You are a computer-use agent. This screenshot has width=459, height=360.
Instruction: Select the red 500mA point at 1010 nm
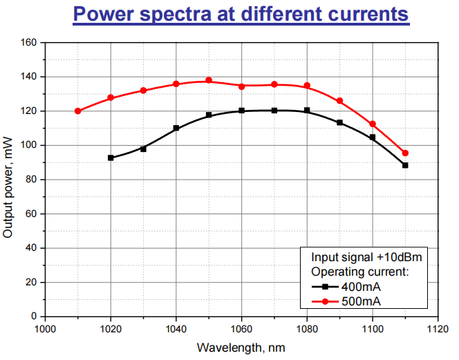[x=77, y=111]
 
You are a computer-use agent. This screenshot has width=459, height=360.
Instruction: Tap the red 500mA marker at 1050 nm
[x=209, y=80]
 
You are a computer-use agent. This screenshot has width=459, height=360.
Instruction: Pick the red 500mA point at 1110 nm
[x=405, y=153]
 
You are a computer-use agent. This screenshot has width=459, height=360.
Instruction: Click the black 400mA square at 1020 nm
[x=111, y=158]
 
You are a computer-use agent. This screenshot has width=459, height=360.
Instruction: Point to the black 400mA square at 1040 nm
[x=176, y=128]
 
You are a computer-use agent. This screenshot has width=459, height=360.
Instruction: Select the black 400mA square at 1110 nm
[x=405, y=165]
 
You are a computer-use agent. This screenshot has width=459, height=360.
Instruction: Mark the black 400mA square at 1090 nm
[x=339, y=122]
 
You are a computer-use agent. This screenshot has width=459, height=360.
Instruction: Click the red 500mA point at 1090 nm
[x=339, y=101]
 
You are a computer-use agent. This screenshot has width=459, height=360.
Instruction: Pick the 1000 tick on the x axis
[x=45, y=329]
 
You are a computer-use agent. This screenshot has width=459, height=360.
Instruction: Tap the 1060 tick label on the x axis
[x=241, y=329]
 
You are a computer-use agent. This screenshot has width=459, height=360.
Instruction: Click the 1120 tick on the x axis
[x=438, y=329]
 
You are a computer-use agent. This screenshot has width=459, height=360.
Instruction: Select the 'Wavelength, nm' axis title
[x=241, y=348]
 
